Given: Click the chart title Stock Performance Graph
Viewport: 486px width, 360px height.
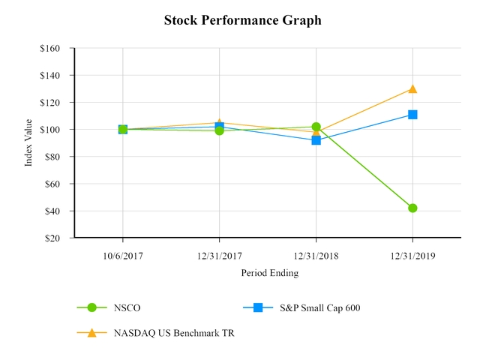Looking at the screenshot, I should coord(242,20).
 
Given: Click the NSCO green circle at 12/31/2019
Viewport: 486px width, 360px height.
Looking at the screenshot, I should coord(412,208).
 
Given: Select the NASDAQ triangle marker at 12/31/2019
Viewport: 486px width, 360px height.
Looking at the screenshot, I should coord(412,88).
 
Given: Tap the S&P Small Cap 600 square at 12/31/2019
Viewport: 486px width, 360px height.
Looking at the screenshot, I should coord(412,115).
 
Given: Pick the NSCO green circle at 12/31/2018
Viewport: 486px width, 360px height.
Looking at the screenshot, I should coord(316,127).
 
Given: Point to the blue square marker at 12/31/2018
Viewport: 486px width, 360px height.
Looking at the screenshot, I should coord(316,140).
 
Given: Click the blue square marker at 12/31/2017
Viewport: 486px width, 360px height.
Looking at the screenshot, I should coord(219,127).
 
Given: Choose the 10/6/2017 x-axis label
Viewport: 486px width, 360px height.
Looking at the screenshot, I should coord(122,255).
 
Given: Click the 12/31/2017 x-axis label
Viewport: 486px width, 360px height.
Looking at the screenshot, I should coord(219,255).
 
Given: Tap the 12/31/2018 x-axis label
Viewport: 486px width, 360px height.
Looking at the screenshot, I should coord(316,255).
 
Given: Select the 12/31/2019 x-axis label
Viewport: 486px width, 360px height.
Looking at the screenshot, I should coord(412,255).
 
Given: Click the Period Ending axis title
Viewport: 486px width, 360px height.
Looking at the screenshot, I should coord(269,273).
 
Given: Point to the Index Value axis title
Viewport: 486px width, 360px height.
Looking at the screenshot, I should coord(28,142).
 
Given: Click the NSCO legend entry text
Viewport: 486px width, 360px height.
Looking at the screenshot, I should coord(127,307).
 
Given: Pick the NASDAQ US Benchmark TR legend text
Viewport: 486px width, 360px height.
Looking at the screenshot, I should coord(174,333).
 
